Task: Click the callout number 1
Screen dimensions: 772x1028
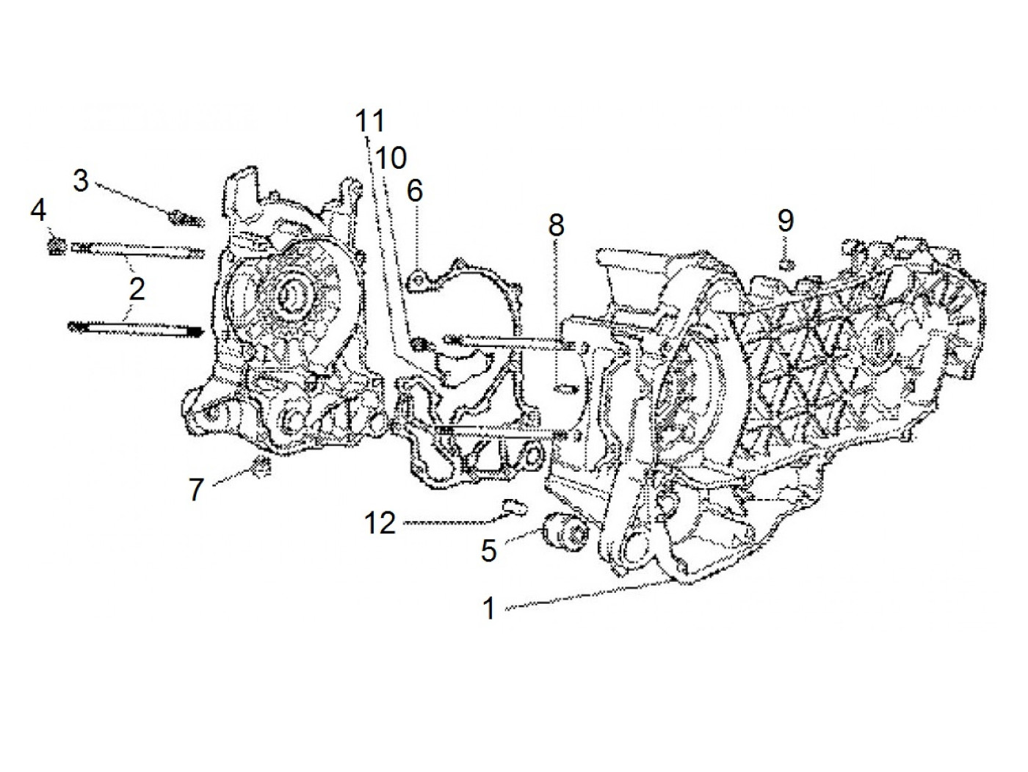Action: pyautogui.click(x=489, y=608)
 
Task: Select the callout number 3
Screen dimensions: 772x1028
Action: pyautogui.click(x=81, y=181)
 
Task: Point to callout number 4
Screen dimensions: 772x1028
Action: pyautogui.click(x=38, y=211)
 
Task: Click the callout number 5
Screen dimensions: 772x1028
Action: pyautogui.click(x=489, y=550)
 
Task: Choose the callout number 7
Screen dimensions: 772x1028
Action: pyautogui.click(x=195, y=489)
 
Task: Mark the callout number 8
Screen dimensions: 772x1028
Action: pyautogui.click(x=556, y=225)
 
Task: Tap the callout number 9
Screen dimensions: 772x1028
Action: pyautogui.click(x=786, y=220)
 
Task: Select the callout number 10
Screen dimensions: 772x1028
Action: pyautogui.click(x=391, y=157)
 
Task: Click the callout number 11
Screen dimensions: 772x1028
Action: pyautogui.click(x=371, y=121)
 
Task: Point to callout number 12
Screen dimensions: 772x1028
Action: pyautogui.click(x=381, y=523)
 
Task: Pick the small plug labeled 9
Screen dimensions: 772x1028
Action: pyautogui.click(x=784, y=262)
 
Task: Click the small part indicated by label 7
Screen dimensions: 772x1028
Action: pyautogui.click(x=260, y=465)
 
